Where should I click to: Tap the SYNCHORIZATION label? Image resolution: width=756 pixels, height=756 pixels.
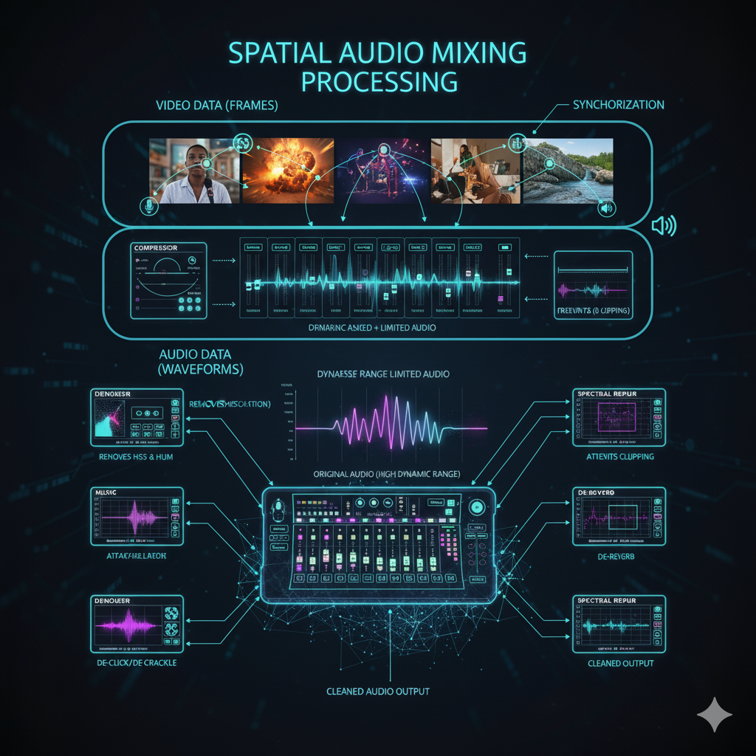pos(619,105)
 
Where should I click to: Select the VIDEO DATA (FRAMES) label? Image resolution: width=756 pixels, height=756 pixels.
pos(216,106)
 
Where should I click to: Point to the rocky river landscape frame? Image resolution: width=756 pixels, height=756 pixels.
pos(568,171)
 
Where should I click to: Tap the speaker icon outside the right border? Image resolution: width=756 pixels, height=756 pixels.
pos(663,226)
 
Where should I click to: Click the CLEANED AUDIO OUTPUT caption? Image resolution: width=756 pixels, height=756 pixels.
pos(377,692)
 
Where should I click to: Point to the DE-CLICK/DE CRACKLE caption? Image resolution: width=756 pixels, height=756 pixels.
pos(137,662)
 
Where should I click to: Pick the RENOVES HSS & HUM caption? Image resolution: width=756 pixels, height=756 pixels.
pos(137,457)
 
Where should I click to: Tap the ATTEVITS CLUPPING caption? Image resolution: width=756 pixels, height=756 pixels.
pos(619,457)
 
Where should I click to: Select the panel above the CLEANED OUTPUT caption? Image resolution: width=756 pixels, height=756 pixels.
pos(619,625)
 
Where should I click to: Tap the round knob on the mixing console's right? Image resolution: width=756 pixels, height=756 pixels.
pos(476,507)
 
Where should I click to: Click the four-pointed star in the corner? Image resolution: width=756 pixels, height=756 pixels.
pos(714,715)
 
